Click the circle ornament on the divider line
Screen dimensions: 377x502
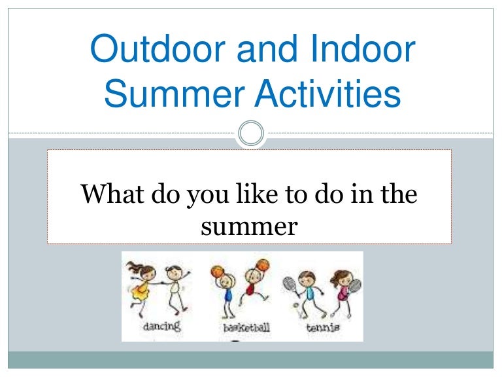pyautogui.click(x=251, y=134)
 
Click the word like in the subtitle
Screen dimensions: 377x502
pyautogui.click(x=261, y=194)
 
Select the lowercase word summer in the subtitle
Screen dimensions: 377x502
pyautogui.click(x=250, y=226)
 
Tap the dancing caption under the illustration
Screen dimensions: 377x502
pyautogui.click(x=162, y=325)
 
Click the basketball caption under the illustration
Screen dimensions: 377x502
pyautogui.click(x=246, y=327)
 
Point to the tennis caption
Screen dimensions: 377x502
pyautogui.click(x=323, y=326)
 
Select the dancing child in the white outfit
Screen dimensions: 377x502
pyautogui.click(x=175, y=288)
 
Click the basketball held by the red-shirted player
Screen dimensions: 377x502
pyautogui.click(x=262, y=264)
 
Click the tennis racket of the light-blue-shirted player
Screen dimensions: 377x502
pyautogui.click(x=290, y=283)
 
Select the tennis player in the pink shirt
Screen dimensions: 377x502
pyautogui.click(x=341, y=291)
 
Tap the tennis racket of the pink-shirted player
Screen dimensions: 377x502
pyautogui.click(x=356, y=285)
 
